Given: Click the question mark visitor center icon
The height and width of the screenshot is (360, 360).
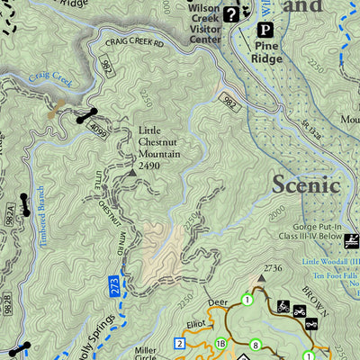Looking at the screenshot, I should click(231, 13).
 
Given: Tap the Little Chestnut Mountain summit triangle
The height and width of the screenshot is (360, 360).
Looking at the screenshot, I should click(133, 168).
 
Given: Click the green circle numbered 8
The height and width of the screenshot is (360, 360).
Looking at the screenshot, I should click(256, 344).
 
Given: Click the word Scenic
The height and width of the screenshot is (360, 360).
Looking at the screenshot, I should click(306, 184).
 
